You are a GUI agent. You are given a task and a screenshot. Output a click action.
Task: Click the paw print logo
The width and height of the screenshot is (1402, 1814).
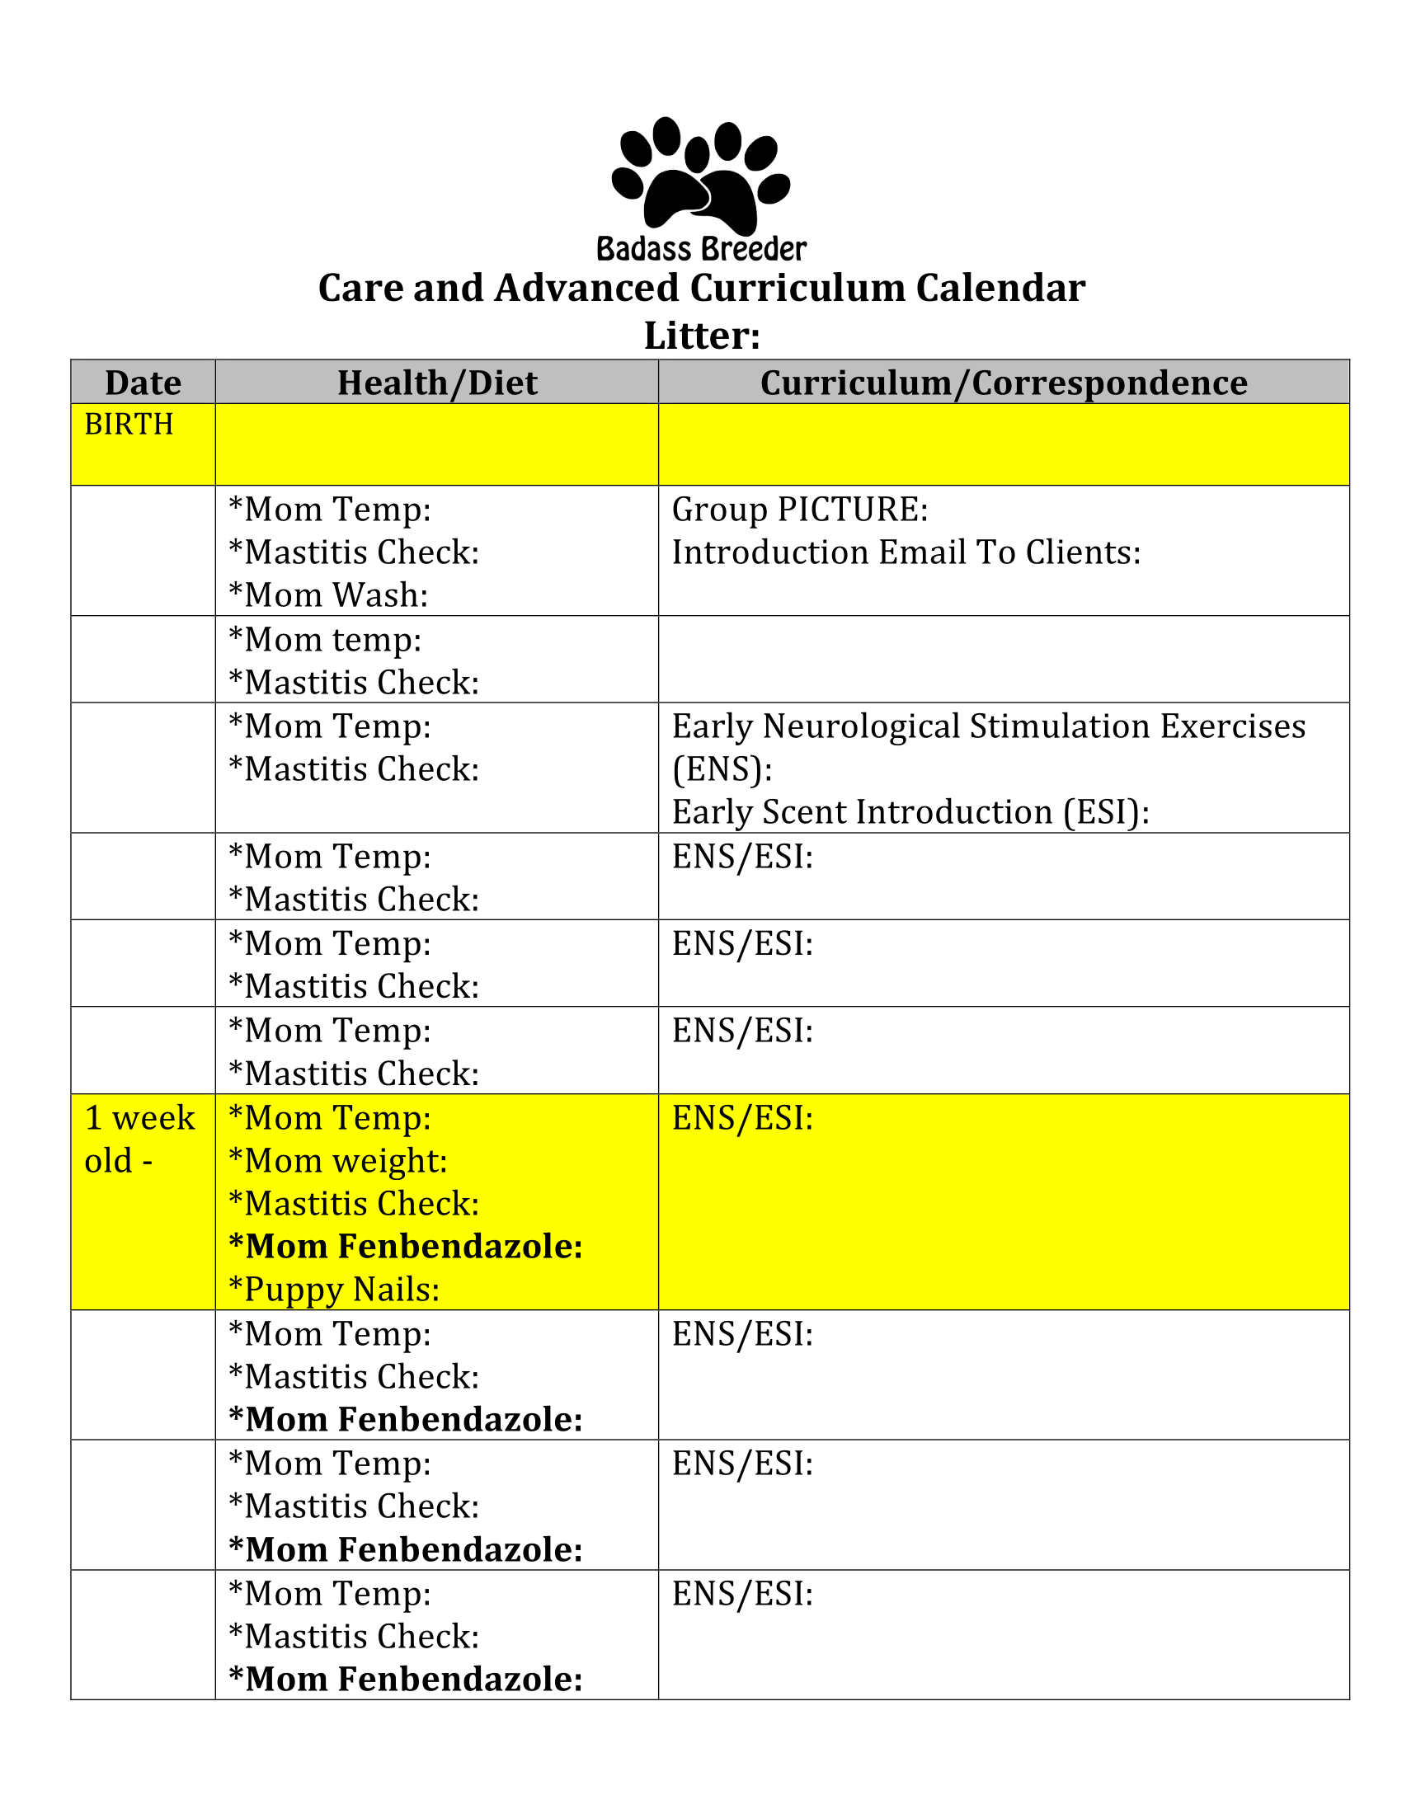tap(700, 176)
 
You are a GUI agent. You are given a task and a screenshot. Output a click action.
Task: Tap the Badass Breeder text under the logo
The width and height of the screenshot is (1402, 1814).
tap(701, 249)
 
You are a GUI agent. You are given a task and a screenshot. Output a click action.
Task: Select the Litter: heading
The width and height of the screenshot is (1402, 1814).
tap(702, 336)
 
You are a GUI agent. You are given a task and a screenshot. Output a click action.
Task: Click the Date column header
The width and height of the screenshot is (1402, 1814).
tap(143, 383)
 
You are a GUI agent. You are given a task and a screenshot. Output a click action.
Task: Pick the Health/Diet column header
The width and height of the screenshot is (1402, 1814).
tap(437, 383)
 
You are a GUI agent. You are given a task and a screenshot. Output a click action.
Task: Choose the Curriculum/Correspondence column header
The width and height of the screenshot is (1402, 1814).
tap(1004, 383)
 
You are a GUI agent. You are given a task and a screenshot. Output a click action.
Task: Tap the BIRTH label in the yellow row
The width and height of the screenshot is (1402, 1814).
tap(129, 425)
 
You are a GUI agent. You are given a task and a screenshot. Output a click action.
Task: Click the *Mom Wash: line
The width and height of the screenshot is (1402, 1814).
tap(328, 595)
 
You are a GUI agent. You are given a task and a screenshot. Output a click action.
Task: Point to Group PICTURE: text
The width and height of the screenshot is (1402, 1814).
tap(799, 510)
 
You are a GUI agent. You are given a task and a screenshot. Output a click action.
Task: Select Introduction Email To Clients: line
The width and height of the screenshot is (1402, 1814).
tap(906, 552)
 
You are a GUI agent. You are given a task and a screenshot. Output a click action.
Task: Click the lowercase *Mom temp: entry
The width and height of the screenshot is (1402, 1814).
tap(325, 641)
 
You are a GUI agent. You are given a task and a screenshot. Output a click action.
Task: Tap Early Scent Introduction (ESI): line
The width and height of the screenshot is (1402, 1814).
tap(910, 812)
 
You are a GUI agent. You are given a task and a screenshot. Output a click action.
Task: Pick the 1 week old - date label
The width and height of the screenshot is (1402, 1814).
tap(139, 1140)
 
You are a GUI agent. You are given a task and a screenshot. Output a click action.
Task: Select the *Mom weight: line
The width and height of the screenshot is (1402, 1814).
tap(338, 1161)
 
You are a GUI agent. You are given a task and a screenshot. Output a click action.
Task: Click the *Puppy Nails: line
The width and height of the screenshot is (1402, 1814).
tap(334, 1290)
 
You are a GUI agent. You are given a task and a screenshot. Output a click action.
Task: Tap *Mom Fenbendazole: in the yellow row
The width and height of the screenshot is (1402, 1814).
tap(405, 1247)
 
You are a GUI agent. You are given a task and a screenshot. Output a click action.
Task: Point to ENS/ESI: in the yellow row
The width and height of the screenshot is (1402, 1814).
tap(742, 1119)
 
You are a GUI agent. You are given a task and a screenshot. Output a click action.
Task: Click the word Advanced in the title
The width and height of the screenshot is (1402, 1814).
tap(586, 289)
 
